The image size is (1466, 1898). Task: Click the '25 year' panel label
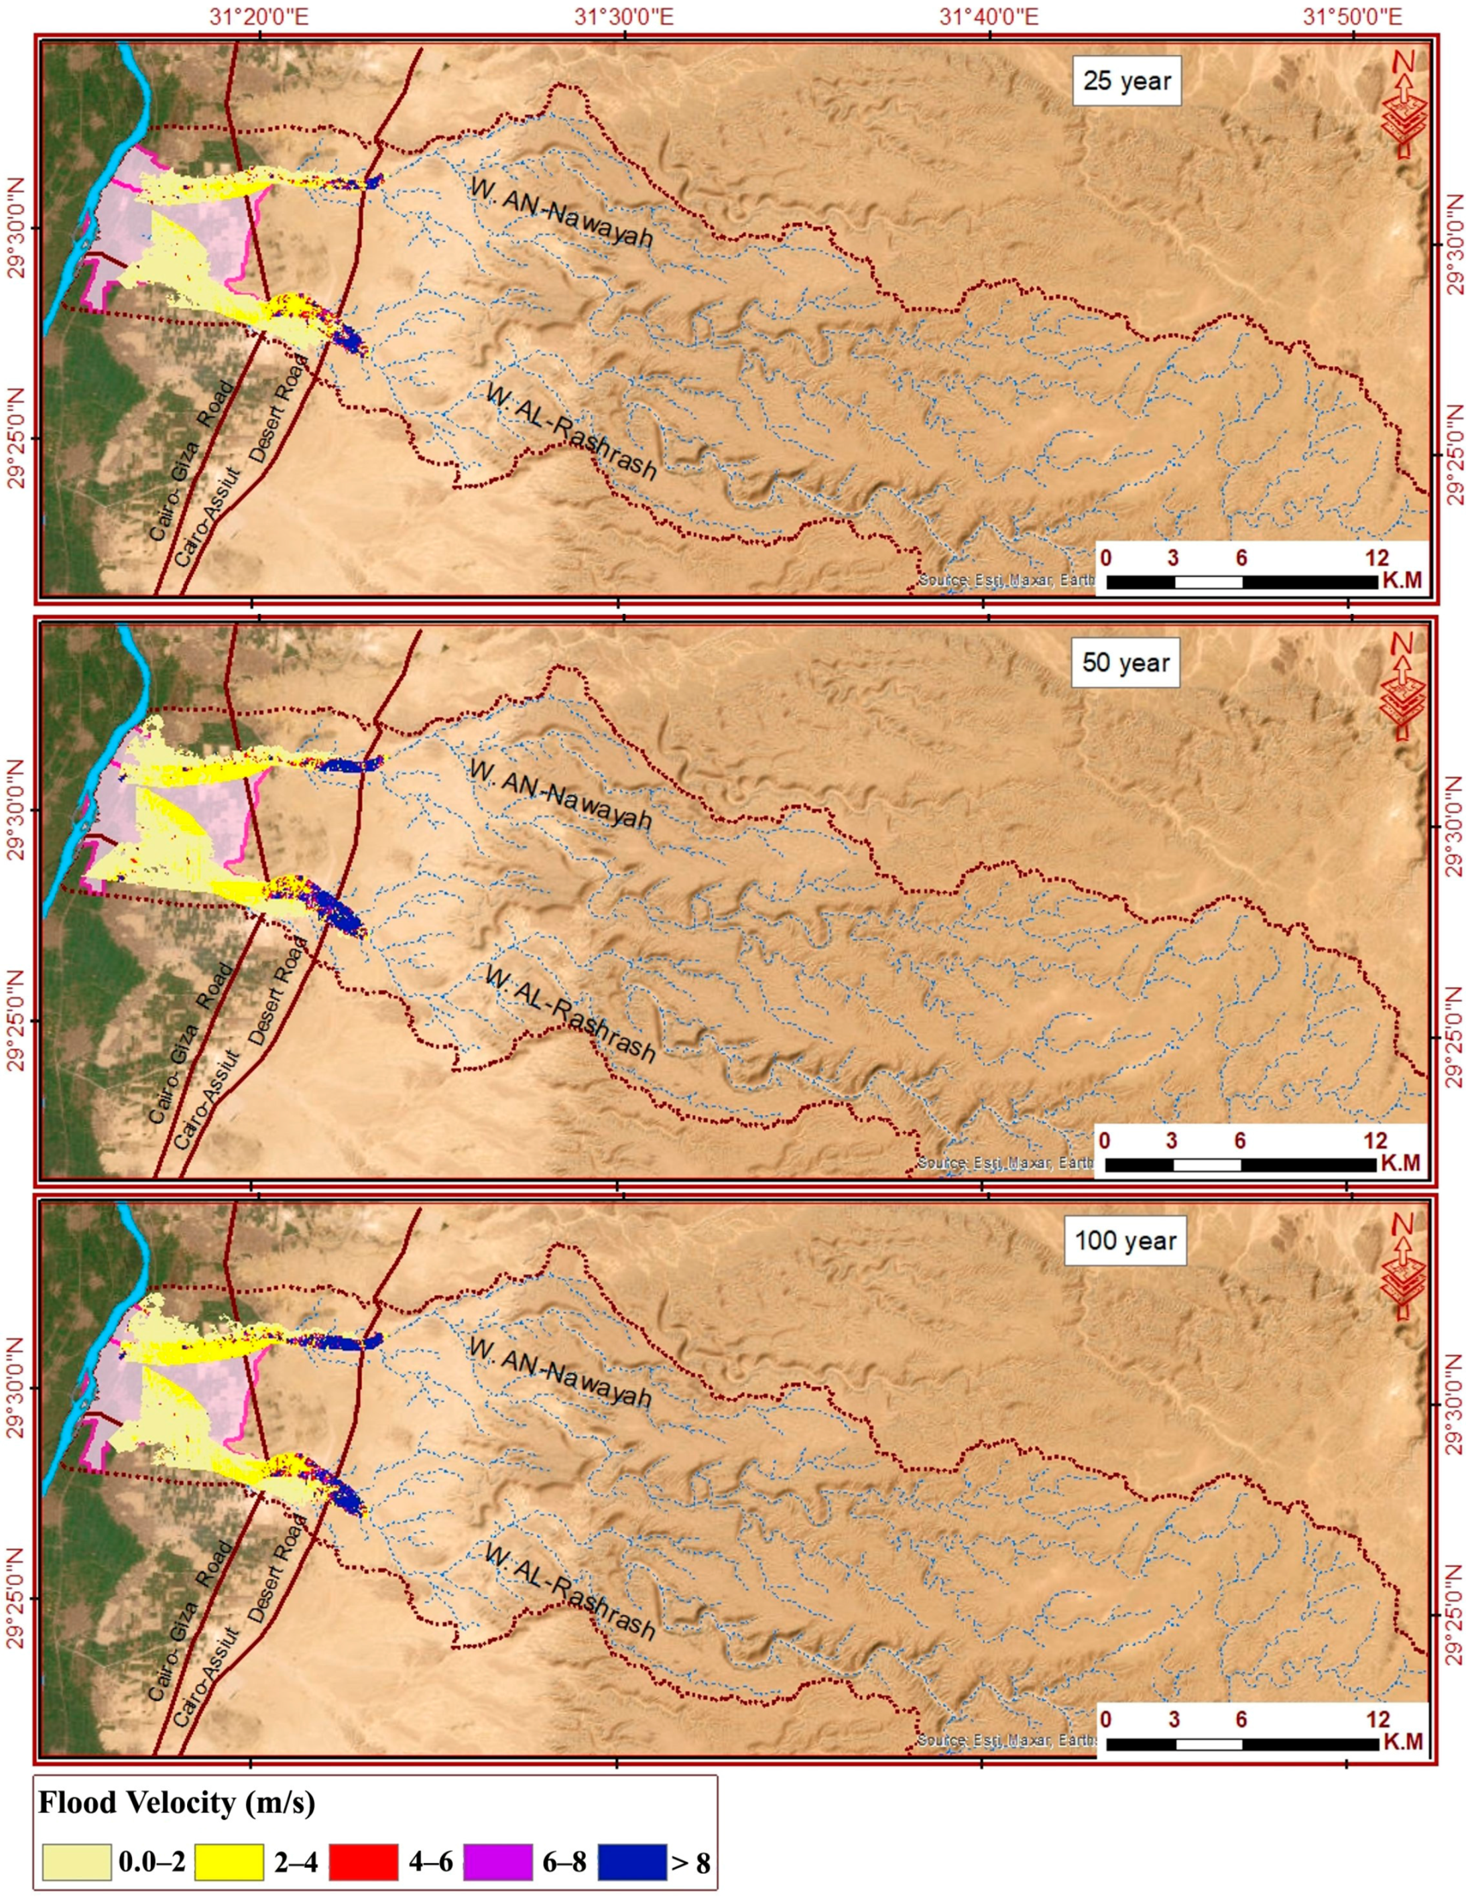pos(1126,82)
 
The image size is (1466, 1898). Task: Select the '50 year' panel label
pos(1125,663)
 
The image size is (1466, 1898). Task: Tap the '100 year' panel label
pos(1125,1240)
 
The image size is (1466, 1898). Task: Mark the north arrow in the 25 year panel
pos(1402,105)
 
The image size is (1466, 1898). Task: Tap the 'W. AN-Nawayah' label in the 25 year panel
pos(560,211)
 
